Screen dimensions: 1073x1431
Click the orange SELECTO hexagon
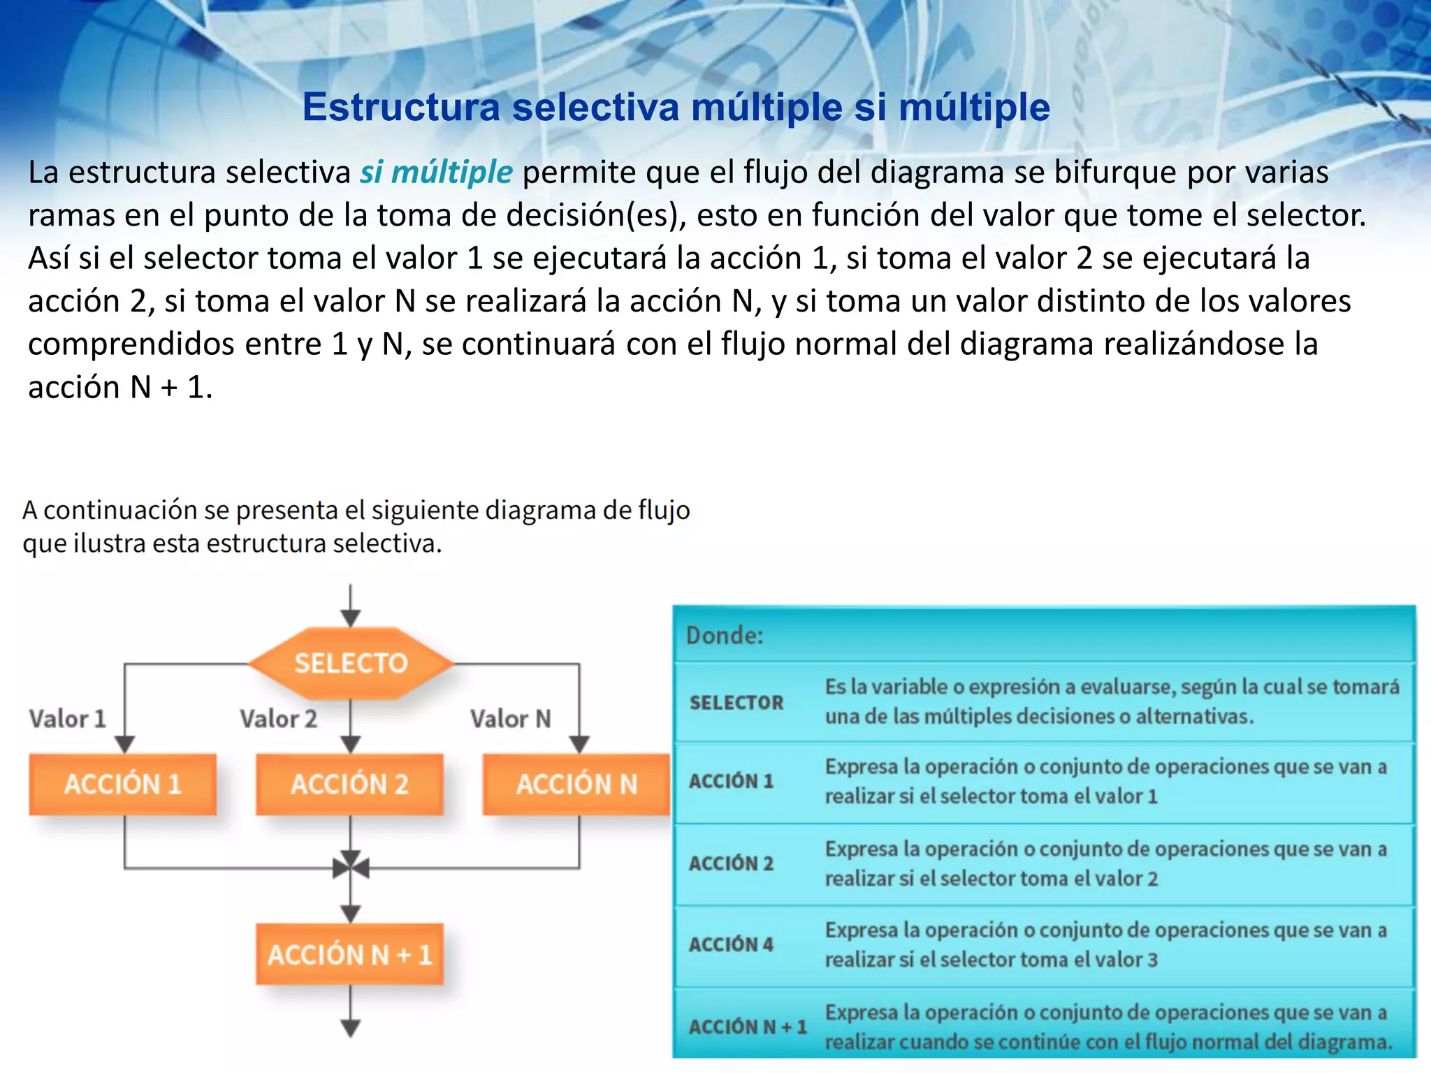coord(351,663)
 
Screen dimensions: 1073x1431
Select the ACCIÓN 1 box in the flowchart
coord(123,784)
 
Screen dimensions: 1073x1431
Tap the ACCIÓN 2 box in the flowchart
coord(349,784)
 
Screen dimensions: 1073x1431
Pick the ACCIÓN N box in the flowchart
coord(576,784)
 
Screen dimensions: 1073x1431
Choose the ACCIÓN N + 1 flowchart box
coord(349,954)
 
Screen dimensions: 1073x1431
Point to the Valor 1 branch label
coord(67,718)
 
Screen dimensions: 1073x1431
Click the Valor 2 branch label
coord(278,718)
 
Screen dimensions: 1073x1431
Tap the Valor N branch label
coord(510,718)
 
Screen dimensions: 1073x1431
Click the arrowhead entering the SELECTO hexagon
coord(351,618)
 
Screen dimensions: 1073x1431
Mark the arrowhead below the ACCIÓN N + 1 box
coord(351,1027)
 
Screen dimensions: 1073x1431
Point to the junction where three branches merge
coord(351,868)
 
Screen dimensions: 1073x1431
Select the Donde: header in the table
coord(725,635)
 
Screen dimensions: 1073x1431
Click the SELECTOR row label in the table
coord(736,702)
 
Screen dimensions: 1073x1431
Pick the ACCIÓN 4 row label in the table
coord(731,944)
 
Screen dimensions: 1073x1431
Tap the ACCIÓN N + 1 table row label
coord(748,1027)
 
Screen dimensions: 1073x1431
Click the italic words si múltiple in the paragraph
coord(436,173)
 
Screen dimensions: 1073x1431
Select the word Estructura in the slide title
coord(401,108)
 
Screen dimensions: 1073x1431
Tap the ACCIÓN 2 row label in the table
coord(731,863)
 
